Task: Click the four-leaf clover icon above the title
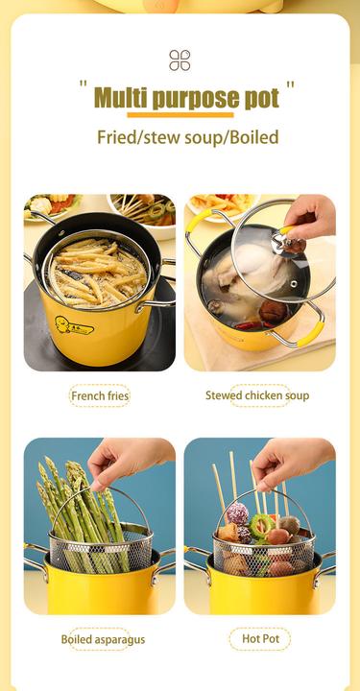[180, 60]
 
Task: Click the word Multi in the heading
[121, 98]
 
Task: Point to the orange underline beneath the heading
[180, 115]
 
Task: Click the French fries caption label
[100, 395]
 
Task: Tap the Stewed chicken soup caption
[257, 395]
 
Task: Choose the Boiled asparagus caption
[103, 639]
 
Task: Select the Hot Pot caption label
[260, 639]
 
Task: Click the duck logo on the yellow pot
[74, 326]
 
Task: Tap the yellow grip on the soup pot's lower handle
[311, 334]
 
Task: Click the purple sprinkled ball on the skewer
[238, 513]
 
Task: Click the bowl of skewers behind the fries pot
[141, 214]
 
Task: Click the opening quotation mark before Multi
[83, 83]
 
